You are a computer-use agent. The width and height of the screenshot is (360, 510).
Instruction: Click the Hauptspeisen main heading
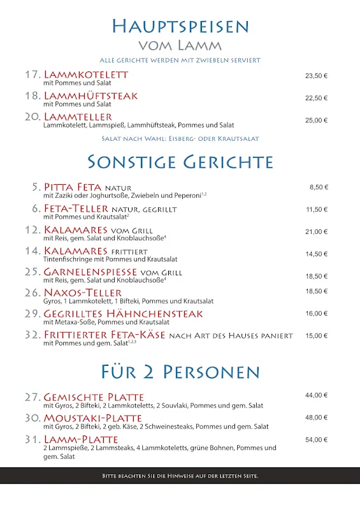tap(180, 26)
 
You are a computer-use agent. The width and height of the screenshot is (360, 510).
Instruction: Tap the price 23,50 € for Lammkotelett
tap(316, 76)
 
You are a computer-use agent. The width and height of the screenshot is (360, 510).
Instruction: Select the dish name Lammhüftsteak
tap(90, 96)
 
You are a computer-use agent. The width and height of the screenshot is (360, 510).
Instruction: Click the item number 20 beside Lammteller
tap(32, 117)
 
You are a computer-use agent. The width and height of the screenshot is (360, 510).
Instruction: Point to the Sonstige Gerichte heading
tap(180, 161)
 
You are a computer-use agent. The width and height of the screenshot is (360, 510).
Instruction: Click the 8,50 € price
tap(319, 187)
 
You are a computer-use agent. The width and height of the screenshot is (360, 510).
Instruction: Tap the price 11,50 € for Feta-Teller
tap(316, 210)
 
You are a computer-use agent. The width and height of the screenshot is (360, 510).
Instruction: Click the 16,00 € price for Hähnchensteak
tap(316, 314)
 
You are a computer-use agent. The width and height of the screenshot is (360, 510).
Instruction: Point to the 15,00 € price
tap(316, 336)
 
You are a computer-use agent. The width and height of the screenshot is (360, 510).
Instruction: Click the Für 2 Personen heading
tap(180, 372)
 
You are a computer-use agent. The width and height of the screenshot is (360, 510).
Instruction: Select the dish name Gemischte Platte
tap(94, 397)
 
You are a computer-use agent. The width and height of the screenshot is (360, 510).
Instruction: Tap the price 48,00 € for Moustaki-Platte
tap(316, 418)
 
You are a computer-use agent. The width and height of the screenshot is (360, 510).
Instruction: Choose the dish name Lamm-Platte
tap(81, 439)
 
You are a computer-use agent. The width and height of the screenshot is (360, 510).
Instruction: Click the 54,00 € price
tap(316, 440)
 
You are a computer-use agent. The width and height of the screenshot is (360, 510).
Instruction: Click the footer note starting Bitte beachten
tap(180, 476)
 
